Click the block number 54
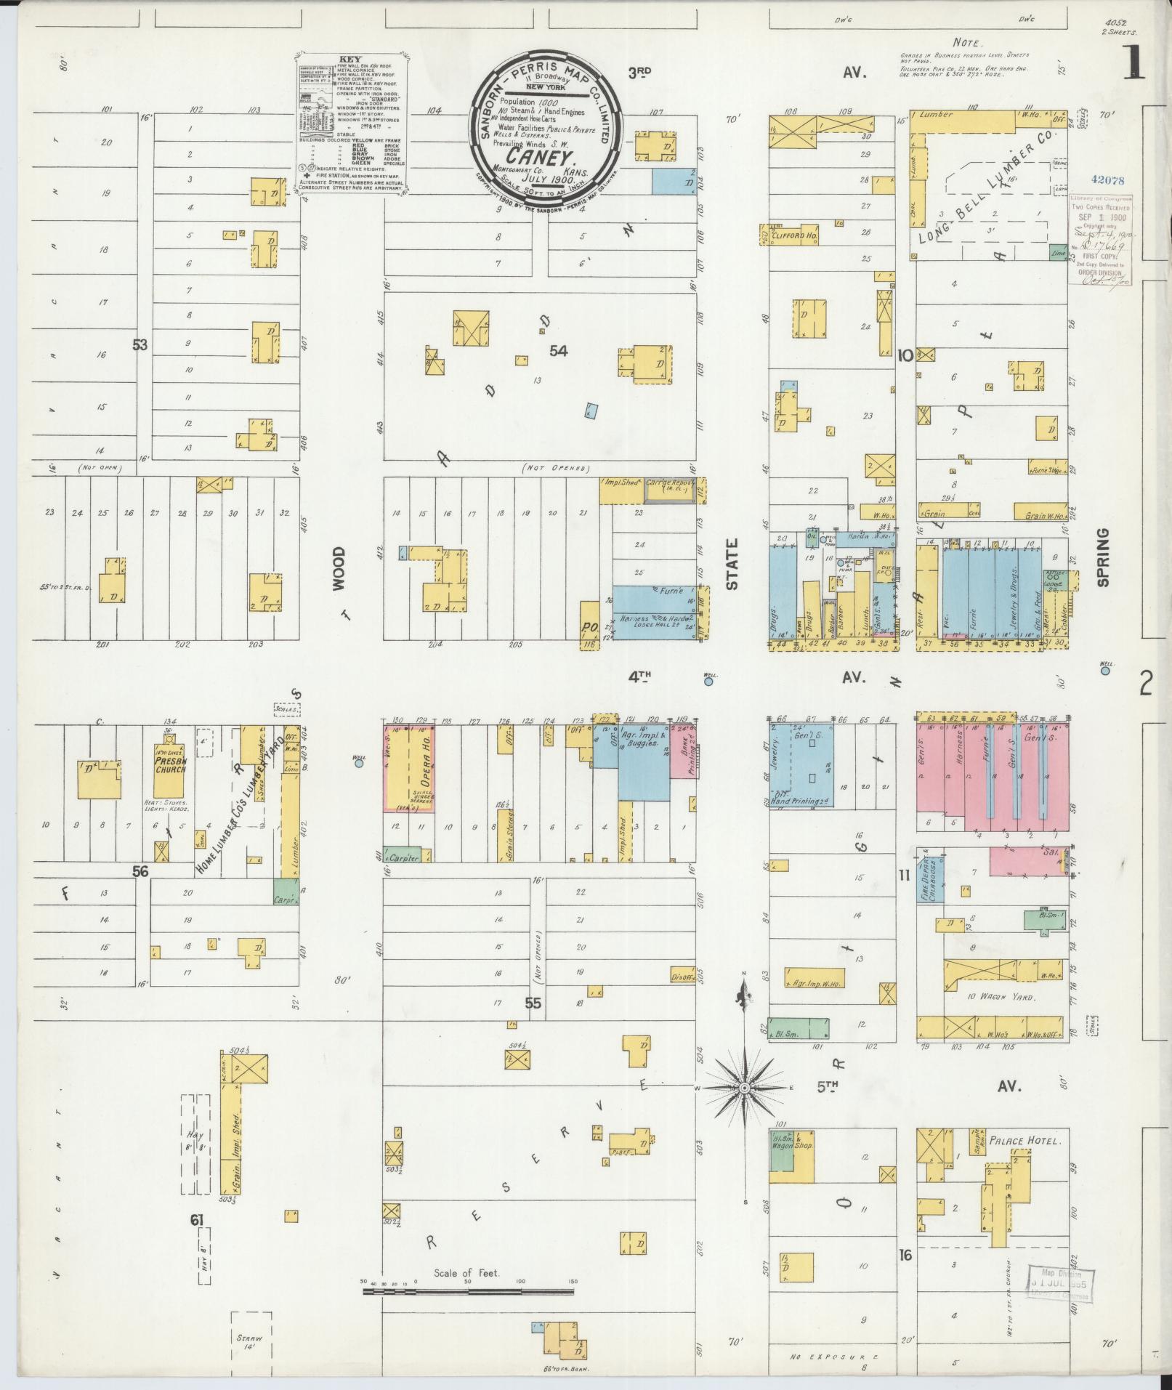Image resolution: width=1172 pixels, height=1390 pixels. [x=558, y=351]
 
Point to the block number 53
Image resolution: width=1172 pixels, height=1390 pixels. [x=140, y=344]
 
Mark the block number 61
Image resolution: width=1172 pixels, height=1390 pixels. [x=196, y=1220]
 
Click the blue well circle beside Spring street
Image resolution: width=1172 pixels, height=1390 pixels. [x=1105, y=671]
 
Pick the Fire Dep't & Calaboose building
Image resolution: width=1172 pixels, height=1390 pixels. [x=931, y=876]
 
